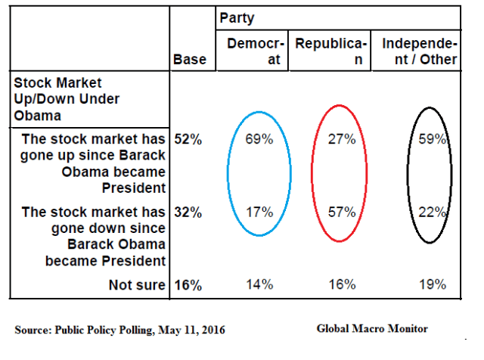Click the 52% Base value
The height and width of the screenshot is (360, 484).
[x=188, y=139]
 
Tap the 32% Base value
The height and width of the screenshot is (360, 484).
[x=188, y=213]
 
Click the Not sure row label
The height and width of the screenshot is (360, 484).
[x=138, y=285]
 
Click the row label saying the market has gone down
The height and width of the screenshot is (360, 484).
[x=95, y=237]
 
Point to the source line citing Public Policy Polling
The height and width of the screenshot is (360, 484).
[x=119, y=330]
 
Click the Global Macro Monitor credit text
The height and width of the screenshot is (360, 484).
[x=372, y=328]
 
